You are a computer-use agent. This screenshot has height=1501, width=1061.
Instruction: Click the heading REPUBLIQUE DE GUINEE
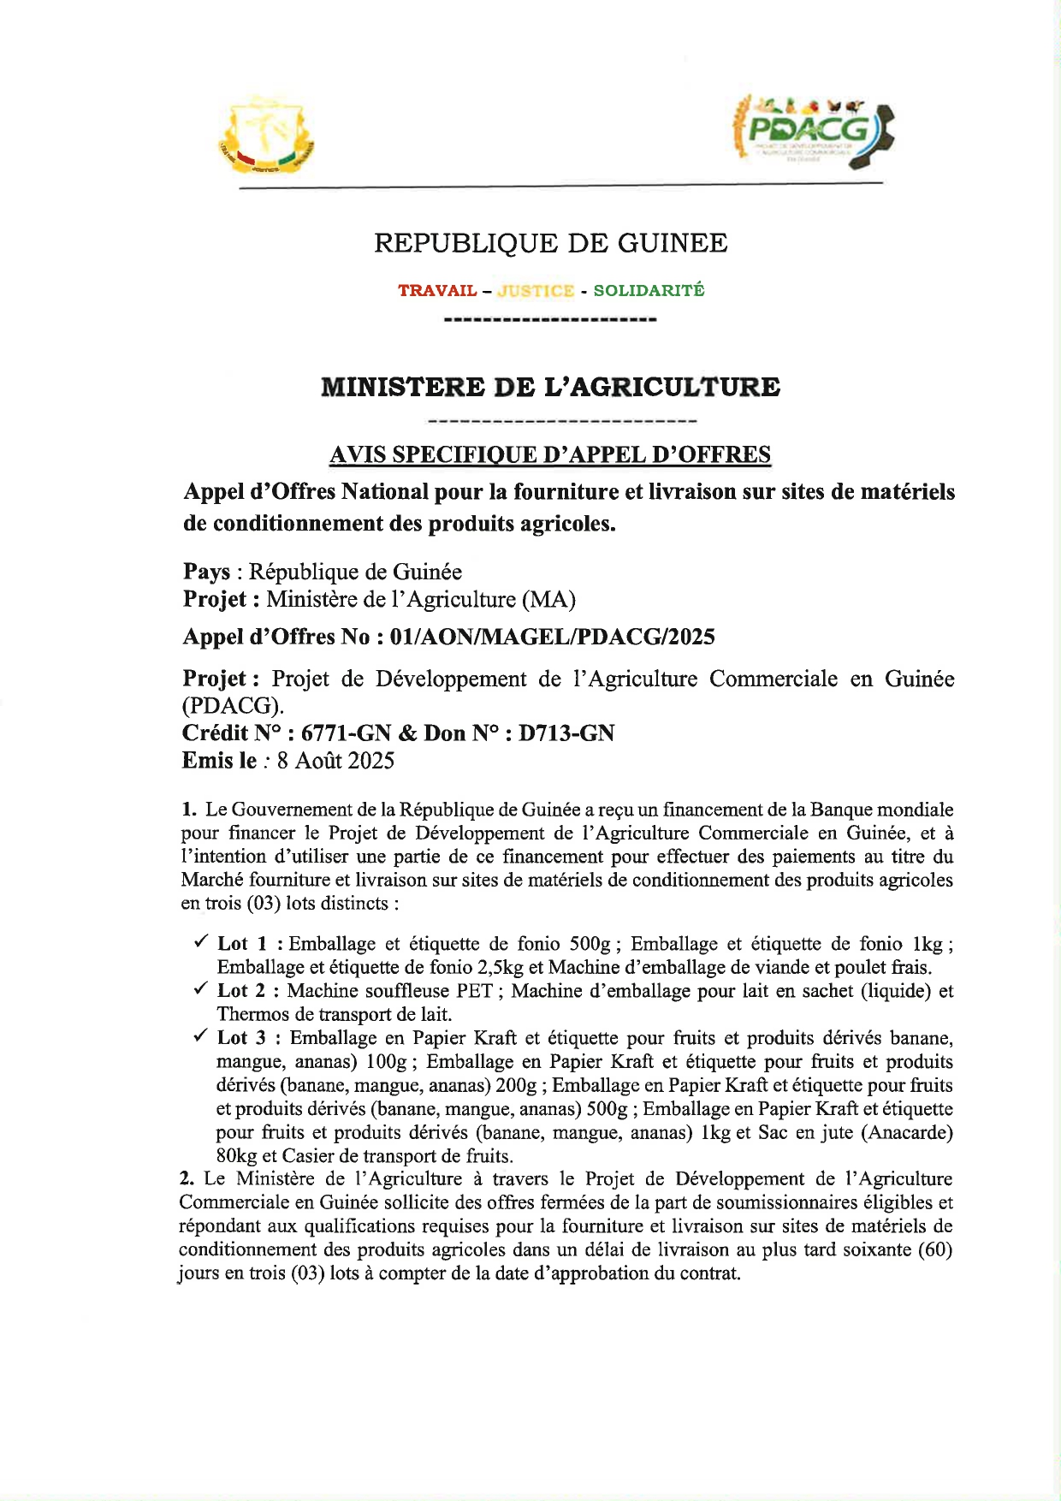tap(551, 244)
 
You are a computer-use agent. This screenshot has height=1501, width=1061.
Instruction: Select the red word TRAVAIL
tap(437, 291)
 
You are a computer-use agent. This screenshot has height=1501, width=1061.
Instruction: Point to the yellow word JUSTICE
tap(536, 291)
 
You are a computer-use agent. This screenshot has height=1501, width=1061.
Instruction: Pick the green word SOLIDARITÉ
tap(649, 291)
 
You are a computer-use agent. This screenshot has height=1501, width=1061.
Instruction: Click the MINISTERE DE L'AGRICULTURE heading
tap(550, 388)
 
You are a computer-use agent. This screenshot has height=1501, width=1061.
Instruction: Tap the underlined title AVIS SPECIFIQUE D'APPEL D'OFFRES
tap(550, 454)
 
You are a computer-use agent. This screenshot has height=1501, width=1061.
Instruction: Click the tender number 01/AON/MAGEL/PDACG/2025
tap(552, 638)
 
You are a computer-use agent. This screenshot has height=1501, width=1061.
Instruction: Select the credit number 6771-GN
tap(347, 733)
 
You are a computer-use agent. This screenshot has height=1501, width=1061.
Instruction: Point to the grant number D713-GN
tap(566, 733)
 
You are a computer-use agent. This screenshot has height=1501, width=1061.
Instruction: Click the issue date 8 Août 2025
tap(335, 761)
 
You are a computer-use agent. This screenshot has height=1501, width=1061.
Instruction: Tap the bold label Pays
tap(206, 572)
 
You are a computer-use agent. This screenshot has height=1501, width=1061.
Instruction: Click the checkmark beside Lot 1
tap(200, 942)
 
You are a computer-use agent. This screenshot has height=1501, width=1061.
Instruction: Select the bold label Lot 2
tap(241, 991)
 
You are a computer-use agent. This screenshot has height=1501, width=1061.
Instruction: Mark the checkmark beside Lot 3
tap(200, 1036)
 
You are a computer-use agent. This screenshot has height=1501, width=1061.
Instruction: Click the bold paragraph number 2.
tap(186, 1179)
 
